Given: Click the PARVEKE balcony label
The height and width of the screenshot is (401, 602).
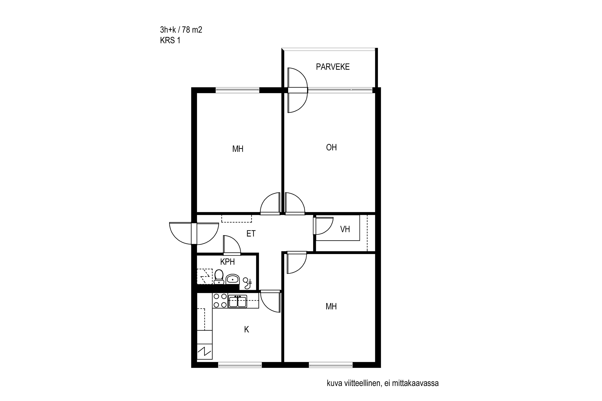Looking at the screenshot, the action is click(333, 67).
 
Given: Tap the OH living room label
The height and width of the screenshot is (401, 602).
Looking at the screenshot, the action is click(331, 147).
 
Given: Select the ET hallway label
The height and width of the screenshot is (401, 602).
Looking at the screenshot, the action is click(251, 234).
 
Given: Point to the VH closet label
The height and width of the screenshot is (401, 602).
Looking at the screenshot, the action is click(345, 229).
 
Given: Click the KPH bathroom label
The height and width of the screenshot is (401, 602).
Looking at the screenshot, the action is click(228, 262).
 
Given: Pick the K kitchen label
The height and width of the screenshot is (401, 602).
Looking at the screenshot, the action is click(246, 330).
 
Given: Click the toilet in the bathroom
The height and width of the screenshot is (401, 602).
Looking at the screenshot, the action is click(219, 277).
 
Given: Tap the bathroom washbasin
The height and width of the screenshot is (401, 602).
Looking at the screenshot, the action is click(232, 279).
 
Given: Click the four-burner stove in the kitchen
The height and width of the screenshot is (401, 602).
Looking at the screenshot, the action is click(220, 301).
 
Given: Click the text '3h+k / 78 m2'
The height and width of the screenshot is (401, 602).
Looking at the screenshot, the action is click(181, 30).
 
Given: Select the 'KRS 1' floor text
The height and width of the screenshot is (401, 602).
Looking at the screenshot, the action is click(170, 41).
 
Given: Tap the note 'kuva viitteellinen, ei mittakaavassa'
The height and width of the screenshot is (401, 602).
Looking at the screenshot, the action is click(383, 383).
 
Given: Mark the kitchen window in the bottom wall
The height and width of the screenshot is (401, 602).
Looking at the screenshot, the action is click(240, 365).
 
